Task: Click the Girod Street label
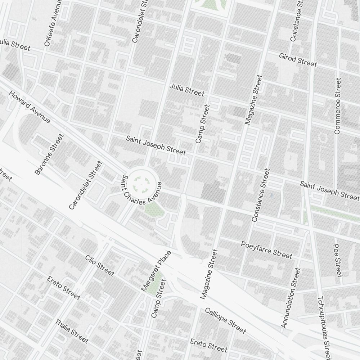[298, 60]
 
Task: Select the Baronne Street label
[49, 154]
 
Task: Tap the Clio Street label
[100, 266]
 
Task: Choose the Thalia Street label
[72, 330]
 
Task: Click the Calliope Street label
[225, 320]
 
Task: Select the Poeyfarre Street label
[266, 249]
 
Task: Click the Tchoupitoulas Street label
[323, 328]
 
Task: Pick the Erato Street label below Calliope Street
[209, 345]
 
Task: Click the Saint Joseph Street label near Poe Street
[330, 190]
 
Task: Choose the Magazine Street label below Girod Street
[254, 100]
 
